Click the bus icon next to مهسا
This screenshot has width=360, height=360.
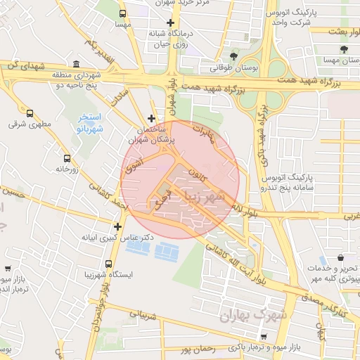(x=124, y=13)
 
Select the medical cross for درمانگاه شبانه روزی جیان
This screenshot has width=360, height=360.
(x=171, y=23)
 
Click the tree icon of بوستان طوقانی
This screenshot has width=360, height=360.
(x=234, y=57)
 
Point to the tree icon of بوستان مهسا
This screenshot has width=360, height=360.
(x=343, y=49)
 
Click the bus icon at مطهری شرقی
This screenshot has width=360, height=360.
(x=30, y=112)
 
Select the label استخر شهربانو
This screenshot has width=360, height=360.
(x=89, y=124)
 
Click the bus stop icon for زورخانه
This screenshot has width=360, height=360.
(x=67, y=158)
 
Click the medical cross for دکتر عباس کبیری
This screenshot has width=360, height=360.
(x=117, y=226)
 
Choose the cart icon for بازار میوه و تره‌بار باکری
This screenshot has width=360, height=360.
(x=233, y=347)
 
